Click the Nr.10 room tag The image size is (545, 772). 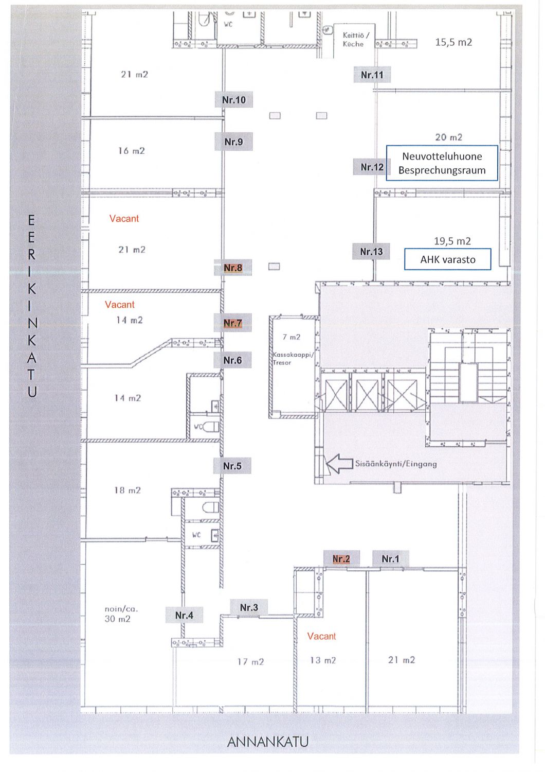(x=234, y=100)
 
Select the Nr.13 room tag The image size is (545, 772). (x=371, y=252)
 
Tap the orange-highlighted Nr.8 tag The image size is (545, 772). (x=233, y=268)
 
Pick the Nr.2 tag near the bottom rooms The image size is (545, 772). (x=341, y=558)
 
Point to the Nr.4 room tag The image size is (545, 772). (x=184, y=615)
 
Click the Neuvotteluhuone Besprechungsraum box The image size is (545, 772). (x=442, y=163)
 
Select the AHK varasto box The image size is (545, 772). (x=447, y=259)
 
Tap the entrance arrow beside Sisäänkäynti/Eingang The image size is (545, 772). (x=339, y=464)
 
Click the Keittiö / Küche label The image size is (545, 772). (x=355, y=39)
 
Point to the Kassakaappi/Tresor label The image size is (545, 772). (x=293, y=358)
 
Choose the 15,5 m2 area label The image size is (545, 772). (x=453, y=42)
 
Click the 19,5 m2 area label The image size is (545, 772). (x=452, y=241)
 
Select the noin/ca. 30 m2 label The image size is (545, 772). (x=121, y=614)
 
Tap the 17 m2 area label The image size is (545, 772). (x=250, y=662)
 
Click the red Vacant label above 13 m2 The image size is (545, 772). (x=321, y=636)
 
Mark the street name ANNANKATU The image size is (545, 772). (x=268, y=742)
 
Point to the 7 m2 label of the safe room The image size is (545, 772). (x=291, y=337)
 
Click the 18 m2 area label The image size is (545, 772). (x=128, y=490)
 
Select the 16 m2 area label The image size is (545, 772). (x=132, y=151)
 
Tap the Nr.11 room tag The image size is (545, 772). (x=372, y=75)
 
